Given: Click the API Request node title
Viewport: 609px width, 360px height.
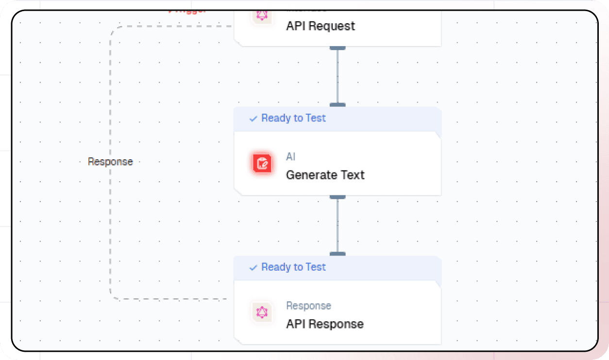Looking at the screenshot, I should (x=321, y=26).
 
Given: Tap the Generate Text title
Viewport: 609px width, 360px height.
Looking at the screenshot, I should (x=325, y=175).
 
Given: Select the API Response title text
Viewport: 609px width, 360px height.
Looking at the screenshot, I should (x=324, y=324).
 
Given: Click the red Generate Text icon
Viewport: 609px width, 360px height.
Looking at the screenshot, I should (x=262, y=163).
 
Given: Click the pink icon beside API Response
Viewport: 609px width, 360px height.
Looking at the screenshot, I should (x=262, y=312).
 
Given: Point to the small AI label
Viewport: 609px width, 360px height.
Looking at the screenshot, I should (x=290, y=157).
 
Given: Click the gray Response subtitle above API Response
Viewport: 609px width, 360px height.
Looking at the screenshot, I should (x=308, y=306).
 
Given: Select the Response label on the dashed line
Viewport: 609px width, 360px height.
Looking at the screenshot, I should (x=110, y=162).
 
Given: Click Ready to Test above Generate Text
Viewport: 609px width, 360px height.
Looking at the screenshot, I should (x=293, y=118).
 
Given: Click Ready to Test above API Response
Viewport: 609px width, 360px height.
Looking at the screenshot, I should (x=293, y=267).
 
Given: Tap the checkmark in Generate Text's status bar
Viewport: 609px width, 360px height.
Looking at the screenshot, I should (x=253, y=119).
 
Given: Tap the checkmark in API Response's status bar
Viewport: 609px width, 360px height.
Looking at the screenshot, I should (x=253, y=268).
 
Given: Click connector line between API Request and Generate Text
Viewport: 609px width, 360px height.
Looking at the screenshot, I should (x=338, y=76).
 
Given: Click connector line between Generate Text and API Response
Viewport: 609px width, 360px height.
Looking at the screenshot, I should (x=338, y=225).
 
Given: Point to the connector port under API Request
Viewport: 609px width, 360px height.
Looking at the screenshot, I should (x=338, y=48).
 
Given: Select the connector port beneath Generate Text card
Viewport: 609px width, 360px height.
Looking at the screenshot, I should (x=338, y=197).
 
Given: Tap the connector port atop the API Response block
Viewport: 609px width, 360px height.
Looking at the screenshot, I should (x=338, y=254).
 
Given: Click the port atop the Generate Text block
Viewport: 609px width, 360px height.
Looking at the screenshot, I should (x=338, y=104).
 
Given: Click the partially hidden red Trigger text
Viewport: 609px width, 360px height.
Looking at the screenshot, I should (x=187, y=11).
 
